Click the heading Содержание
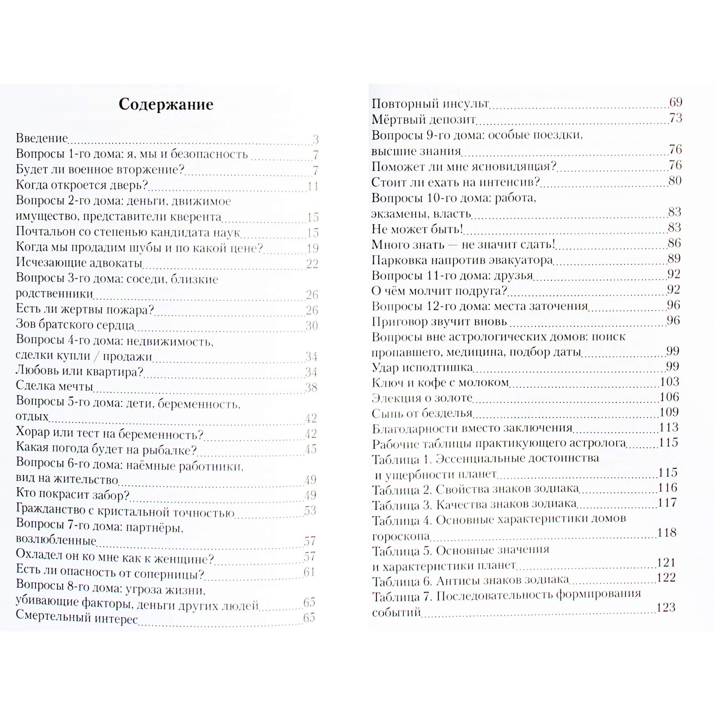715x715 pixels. tap(166, 104)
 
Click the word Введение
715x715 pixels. tap(42, 138)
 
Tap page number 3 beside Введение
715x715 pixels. tap(316, 140)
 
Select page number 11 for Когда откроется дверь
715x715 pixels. tap(313, 186)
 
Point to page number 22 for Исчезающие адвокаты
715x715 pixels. tap(312, 263)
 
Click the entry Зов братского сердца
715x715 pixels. tap(75, 325)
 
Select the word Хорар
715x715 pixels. tap(33, 432)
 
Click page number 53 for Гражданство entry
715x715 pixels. tap(310, 510)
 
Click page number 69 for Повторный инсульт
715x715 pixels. tap(675, 102)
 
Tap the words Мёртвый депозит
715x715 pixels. tap(423, 120)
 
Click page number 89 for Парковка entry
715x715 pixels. tap(674, 258)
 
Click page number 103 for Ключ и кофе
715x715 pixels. tap(669, 382)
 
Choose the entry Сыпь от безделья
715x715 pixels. tap(422, 413)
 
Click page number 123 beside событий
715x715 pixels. tap(666, 607)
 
